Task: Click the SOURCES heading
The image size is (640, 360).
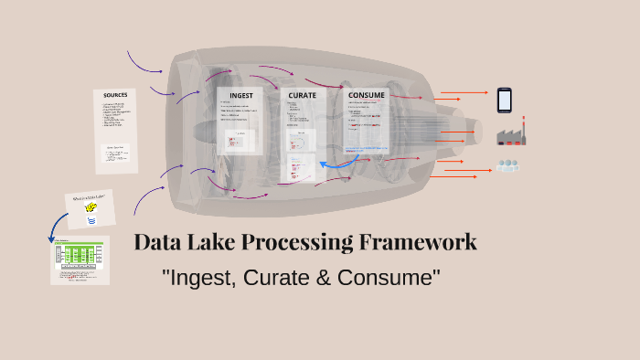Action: [x=115, y=95]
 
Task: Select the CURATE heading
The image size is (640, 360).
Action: [x=303, y=94]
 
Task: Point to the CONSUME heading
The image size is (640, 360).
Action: [x=367, y=94]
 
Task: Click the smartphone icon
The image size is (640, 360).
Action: [x=505, y=100]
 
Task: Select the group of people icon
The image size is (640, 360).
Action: [x=507, y=166]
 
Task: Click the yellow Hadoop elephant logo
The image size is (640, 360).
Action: [x=91, y=208]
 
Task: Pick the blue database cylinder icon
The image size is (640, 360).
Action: [x=91, y=221]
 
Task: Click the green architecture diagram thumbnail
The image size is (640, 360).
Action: [x=80, y=259]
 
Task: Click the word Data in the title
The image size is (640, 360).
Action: [x=157, y=242]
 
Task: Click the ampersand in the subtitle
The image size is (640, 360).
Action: [x=322, y=276]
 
